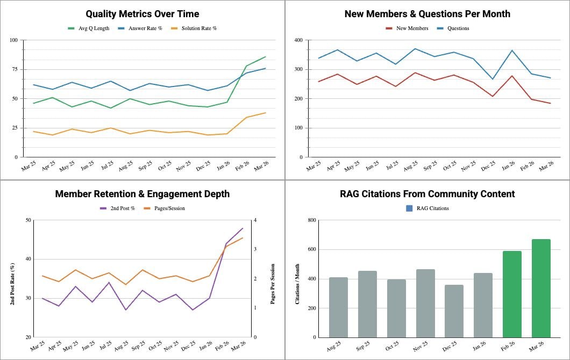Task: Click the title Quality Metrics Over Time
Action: coord(142,14)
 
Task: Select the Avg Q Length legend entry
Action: coord(89,28)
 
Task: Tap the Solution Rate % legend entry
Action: coord(194,28)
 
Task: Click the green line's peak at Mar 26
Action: coord(265,56)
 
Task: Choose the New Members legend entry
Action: coord(407,28)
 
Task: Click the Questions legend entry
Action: coord(453,28)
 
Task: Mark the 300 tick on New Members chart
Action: coord(298,69)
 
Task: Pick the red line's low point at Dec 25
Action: coord(493,96)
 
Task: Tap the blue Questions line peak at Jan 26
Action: coord(512,51)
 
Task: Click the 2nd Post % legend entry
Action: coord(117,208)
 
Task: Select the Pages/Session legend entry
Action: coord(165,208)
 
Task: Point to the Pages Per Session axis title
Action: coord(273,284)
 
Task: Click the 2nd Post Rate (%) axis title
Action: coord(12,284)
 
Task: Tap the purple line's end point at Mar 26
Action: coord(243,228)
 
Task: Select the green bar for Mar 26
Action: coord(541,289)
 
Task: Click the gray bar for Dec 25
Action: coord(454,311)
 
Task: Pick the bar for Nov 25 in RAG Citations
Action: coord(425,304)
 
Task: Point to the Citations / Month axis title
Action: coord(297,284)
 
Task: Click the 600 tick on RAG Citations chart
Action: coord(312,249)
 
